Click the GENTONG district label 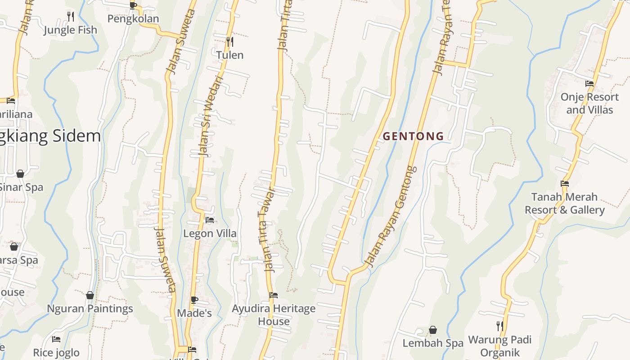click(413, 136)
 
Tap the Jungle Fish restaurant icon click(71, 16)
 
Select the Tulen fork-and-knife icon click(229, 42)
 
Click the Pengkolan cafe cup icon click(133, 5)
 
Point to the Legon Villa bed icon click(209, 220)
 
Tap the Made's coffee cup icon click(194, 300)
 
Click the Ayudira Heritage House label click(274, 315)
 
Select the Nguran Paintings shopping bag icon click(90, 295)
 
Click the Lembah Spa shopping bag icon click(432, 330)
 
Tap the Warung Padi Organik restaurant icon click(499, 326)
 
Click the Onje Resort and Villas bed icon click(589, 84)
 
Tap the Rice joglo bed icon click(56, 339)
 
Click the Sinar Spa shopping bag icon click(20, 174)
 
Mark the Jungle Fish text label click(70, 30)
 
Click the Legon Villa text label click(210, 234)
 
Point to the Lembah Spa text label click(432, 343)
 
